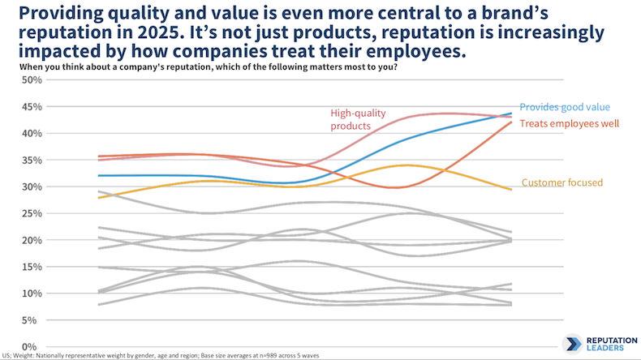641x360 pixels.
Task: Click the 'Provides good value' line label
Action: [x=564, y=106]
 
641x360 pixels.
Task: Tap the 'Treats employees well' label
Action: [x=570, y=123]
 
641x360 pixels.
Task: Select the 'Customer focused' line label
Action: [x=561, y=182]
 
